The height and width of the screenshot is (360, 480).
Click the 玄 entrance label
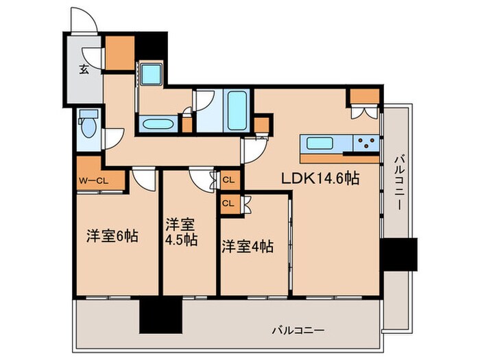point(83,69)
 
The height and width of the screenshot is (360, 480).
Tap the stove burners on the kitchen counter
point(366,143)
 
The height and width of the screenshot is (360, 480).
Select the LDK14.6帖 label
point(320,178)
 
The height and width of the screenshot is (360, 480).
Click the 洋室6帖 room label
point(112,237)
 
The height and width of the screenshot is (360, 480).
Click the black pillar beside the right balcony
point(399,254)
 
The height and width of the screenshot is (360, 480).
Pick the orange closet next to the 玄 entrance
point(120,52)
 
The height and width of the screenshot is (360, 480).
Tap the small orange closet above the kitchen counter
point(363,96)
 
